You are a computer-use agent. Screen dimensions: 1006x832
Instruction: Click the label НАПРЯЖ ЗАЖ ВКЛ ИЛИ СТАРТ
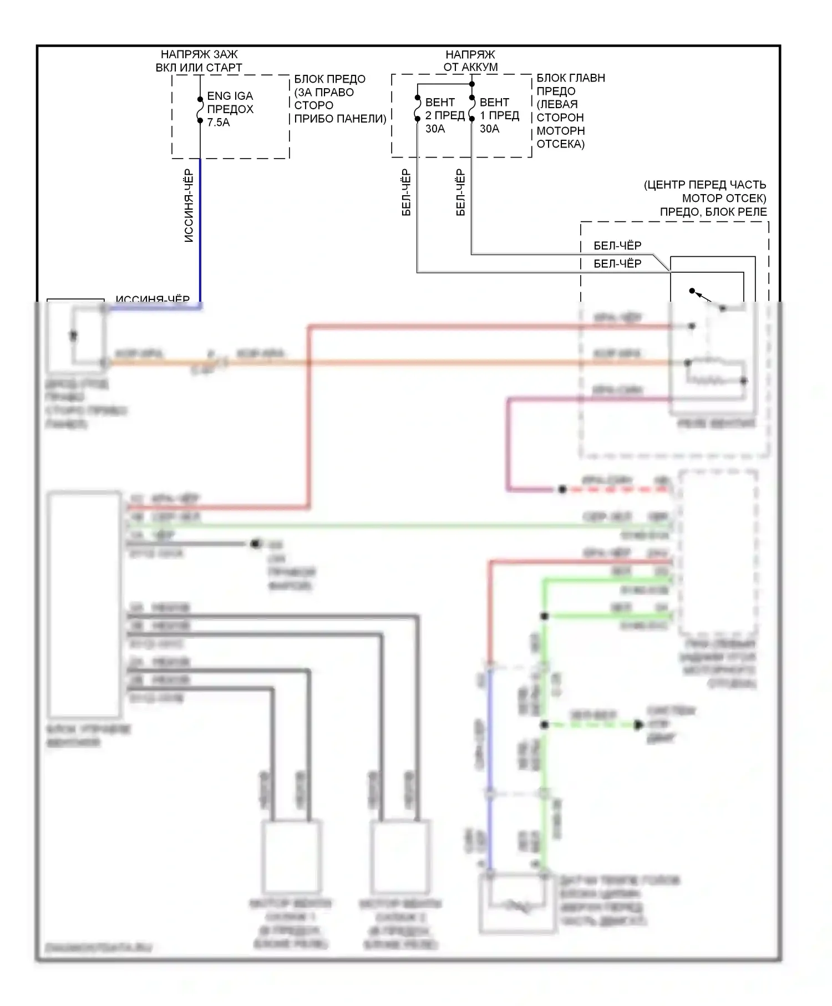(x=199, y=61)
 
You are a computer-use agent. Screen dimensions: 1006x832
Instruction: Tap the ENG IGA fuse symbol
(x=200, y=110)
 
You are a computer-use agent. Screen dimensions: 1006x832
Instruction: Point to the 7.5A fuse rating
(x=218, y=123)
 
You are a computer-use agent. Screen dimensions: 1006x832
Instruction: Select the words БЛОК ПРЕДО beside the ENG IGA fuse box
(x=329, y=79)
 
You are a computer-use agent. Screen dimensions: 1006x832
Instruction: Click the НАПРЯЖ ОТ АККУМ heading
(x=470, y=60)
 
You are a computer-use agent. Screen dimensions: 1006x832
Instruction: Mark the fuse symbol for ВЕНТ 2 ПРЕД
(x=417, y=108)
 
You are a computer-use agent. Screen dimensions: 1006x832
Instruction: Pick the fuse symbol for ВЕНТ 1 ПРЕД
(x=471, y=108)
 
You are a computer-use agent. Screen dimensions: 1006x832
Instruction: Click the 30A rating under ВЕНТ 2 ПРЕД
(x=435, y=129)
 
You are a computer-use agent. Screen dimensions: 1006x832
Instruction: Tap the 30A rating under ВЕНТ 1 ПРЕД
(x=489, y=129)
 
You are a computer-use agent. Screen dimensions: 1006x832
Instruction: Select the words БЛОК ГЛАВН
(x=571, y=78)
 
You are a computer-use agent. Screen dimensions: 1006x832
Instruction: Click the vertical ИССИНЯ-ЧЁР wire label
(x=189, y=206)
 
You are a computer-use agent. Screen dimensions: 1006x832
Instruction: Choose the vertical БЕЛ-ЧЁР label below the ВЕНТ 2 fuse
(x=406, y=192)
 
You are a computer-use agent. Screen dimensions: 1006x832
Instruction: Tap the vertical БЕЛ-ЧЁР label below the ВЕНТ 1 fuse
(x=460, y=192)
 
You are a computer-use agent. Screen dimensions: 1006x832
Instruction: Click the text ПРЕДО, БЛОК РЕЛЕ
(x=713, y=212)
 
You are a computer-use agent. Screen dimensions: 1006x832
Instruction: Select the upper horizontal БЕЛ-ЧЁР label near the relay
(x=617, y=246)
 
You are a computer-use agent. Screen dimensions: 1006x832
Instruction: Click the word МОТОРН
(x=560, y=131)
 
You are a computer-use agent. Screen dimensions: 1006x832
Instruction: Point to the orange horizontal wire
(x=444, y=363)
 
